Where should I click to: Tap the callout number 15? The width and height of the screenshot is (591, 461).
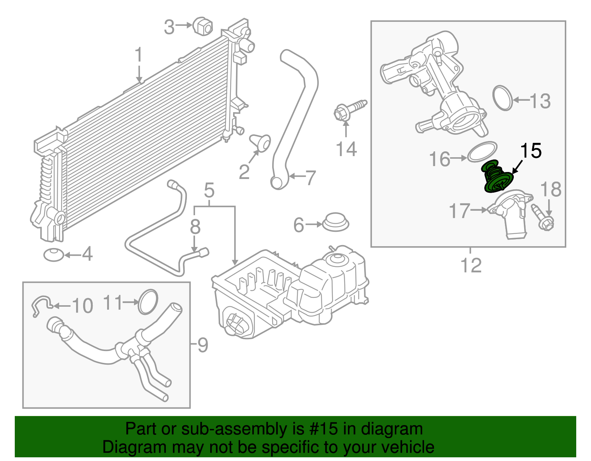click(x=531, y=151)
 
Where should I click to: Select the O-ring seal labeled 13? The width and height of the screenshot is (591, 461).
click(x=503, y=98)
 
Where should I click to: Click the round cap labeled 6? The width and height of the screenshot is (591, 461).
click(x=336, y=221)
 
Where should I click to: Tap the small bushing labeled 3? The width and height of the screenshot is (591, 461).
click(x=202, y=26)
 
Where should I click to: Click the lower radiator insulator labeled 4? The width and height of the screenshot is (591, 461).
click(x=54, y=255)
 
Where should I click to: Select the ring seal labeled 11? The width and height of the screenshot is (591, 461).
click(x=148, y=302)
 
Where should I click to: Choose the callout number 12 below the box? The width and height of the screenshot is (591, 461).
click(x=471, y=265)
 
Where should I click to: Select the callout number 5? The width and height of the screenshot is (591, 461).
click(x=209, y=191)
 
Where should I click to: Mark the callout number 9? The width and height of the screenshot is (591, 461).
click(x=203, y=345)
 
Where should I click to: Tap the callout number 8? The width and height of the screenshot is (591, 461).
click(x=195, y=227)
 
